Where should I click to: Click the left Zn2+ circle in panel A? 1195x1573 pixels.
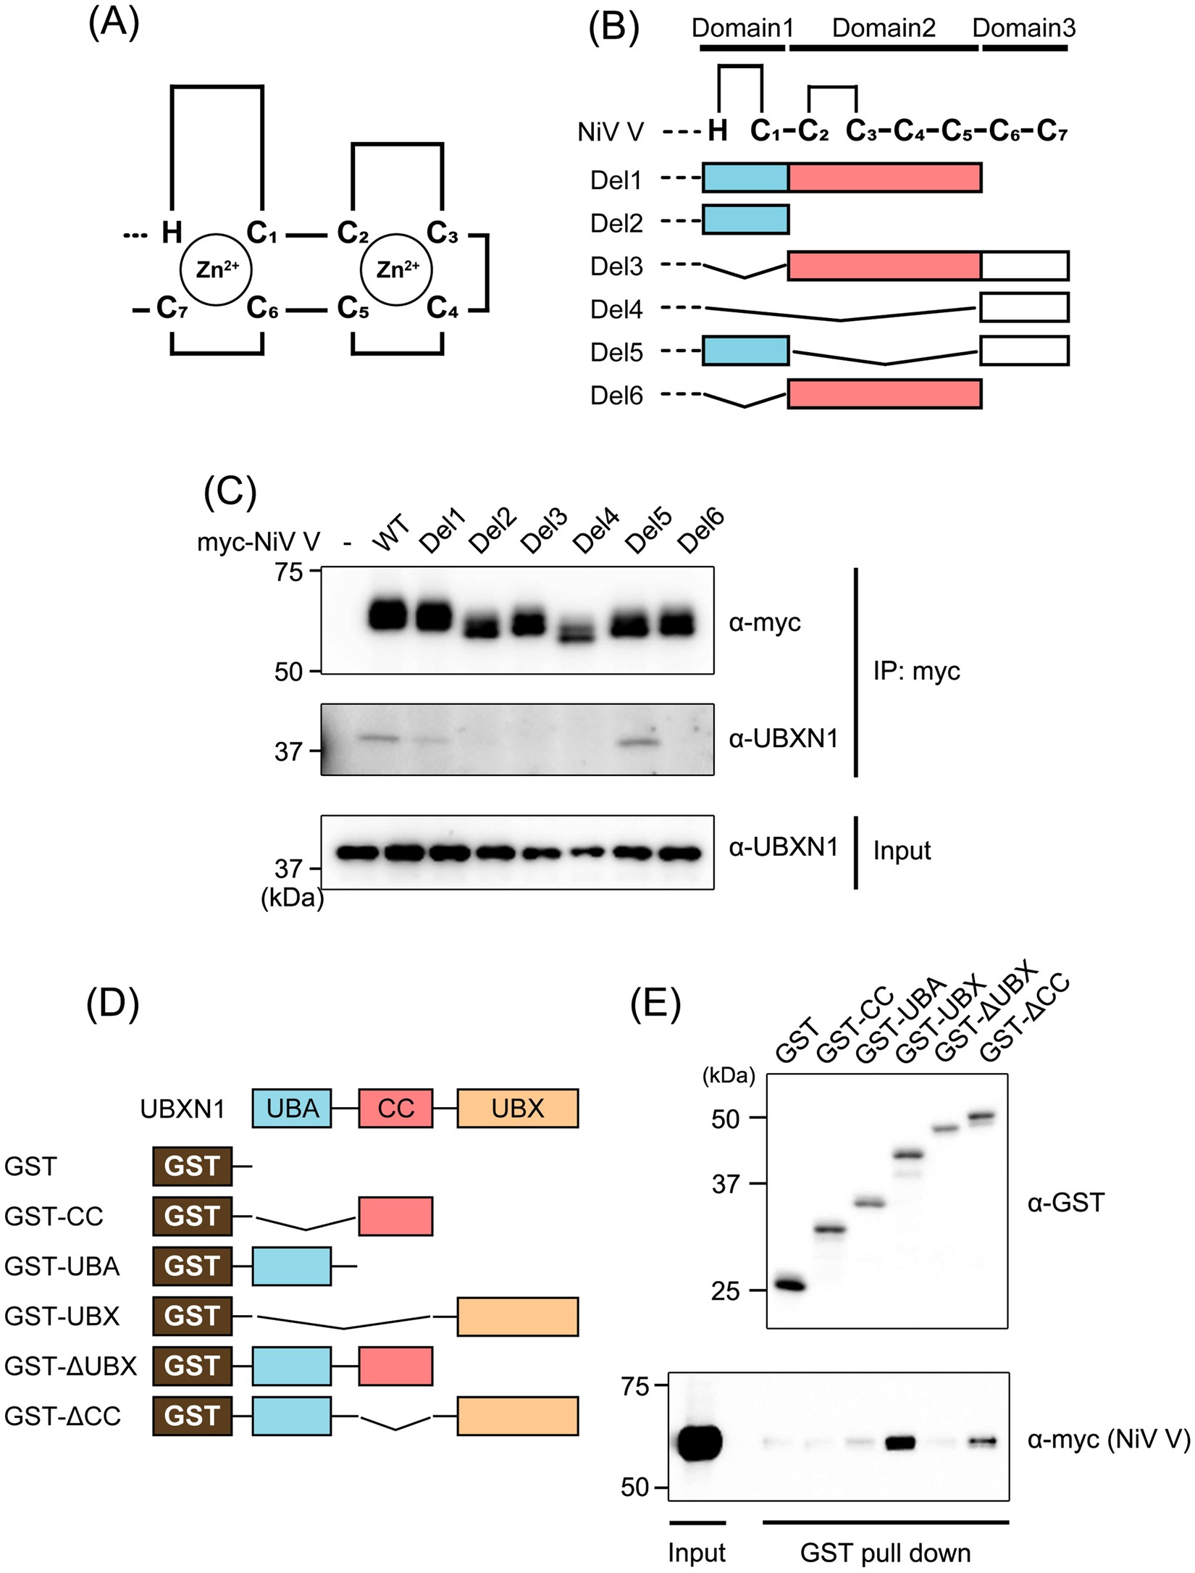click(x=215, y=270)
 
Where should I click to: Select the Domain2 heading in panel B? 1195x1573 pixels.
click(x=884, y=28)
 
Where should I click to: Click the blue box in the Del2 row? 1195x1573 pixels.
click(x=745, y=220)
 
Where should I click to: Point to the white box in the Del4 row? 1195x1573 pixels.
click(x=1024, y=307)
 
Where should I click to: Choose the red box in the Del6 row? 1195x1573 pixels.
click(x=884, y=394)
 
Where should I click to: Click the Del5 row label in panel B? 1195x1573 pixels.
click(x=616, y=353)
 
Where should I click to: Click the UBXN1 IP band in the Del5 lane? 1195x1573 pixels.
click(x=640, y=742)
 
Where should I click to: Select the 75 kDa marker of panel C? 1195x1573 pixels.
click(x=289, y=572)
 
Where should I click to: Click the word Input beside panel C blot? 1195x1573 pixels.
click(x=902, y=851)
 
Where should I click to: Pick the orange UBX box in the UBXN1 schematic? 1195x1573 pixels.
click(x=517, y=1109)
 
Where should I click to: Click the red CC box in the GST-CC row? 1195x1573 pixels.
click(x=395, y=1216)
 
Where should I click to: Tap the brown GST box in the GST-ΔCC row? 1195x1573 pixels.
click(x=192, y=1416)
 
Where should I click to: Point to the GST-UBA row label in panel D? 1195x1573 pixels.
click(x=62, y=1266)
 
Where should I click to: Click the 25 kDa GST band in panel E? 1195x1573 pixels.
click(x=789, y=1285)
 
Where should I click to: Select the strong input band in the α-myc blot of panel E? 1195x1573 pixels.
click(x=699, y=1443)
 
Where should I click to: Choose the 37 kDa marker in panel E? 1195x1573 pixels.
click(x=726, y=1185)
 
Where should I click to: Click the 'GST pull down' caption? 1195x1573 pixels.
click(x=885, y=1553)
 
